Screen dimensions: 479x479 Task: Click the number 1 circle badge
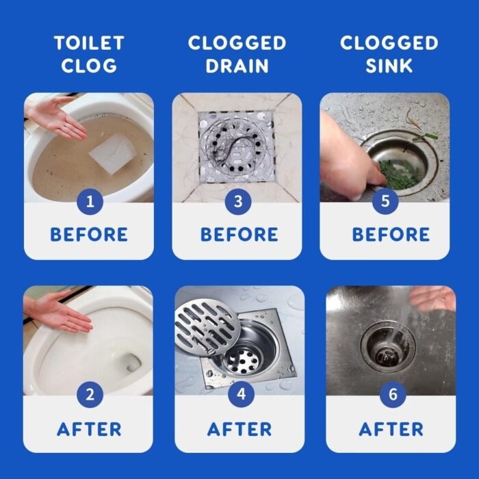pyautogui.click(x=90, y=202)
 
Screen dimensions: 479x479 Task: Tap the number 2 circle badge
pyautogui.click(x=90, y=394)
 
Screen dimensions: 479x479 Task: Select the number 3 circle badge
pyautogui.click(x=238, y=202)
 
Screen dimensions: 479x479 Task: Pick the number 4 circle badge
pyautogui.click(x=241, y=394)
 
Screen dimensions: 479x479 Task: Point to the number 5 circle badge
pyautogui.click(x=385, y=201)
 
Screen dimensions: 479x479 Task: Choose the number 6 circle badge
pyautogui.click(x=393, y=394)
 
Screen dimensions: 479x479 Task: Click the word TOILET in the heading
pyautogui.click(x=89, y=42)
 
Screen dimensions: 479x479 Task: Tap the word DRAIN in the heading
pyautogui.click(x=237, y=66)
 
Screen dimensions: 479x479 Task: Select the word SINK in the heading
pyautogui.click(x=389, y=66)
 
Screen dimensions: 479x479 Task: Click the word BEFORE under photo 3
pyautogui.click(x=239, y=235)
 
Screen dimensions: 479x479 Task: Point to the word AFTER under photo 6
pyautogui.click(x=391, y=429)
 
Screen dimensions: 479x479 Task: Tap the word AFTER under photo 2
pyautogui.click(x=89, y=429)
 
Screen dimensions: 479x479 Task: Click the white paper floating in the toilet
pyautogui.click(x=113, y=153)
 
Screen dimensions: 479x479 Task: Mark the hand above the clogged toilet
pyautogui.click(x=55, y=118)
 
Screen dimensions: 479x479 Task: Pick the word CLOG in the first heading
pyautogui.click(x=89, y=66)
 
